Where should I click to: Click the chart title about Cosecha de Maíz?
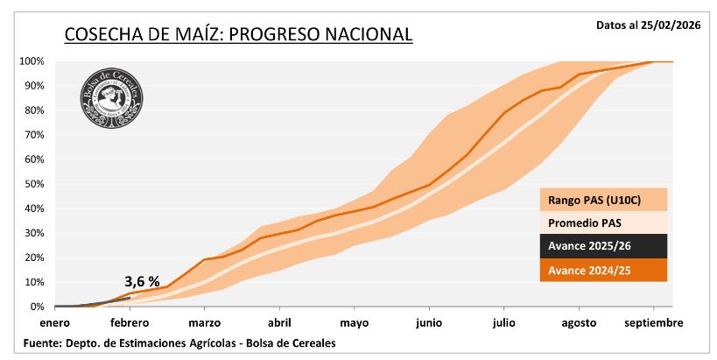click(238, 35)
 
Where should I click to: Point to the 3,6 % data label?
click(141, 281)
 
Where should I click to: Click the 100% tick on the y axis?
click(32, 61)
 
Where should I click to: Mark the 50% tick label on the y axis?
click(34, 184)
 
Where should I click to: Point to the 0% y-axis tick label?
click(37, 307)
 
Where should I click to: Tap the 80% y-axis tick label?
click(34, 110)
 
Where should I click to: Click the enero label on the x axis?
click(54, 323)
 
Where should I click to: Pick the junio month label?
click(429, 323)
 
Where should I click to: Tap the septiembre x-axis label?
click(653, 323)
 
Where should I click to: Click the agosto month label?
click(578, 323)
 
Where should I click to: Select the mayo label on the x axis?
click(354, 323)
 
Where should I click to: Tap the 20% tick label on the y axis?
click(34, 258)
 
